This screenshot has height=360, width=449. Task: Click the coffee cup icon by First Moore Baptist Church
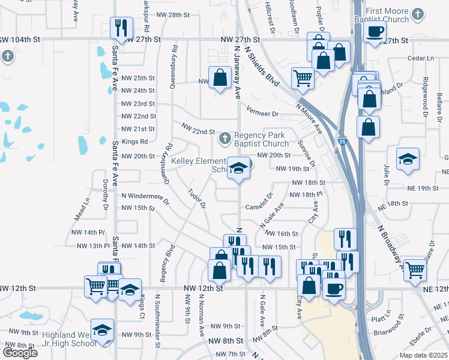click(375, 32)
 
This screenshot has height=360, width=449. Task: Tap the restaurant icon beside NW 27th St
click(121, 28)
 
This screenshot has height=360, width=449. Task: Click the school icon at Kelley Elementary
click(239, 169)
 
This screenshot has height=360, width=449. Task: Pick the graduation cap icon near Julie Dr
click(408, 160)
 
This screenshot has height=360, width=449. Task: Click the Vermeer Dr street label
click(262, 113)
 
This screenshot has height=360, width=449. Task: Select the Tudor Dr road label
click(197, 199)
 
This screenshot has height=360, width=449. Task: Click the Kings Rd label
click(134, 142)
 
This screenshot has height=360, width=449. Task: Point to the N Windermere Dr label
click(143, 196)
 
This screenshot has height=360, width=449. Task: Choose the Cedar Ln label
click(420, 58)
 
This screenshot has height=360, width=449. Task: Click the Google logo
click(19, 352)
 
